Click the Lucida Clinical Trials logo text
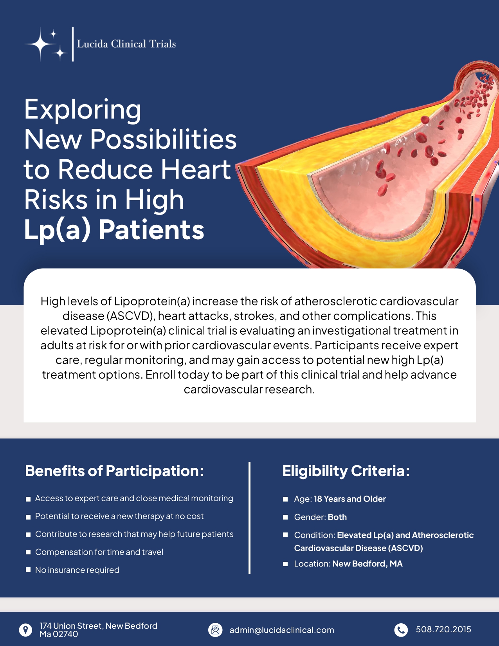126,44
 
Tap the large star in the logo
41,44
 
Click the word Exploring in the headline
83,109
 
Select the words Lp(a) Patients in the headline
114,229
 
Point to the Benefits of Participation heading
114,471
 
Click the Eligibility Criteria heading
346,471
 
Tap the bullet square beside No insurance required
28,570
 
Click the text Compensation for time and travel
99,552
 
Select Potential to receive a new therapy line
119,516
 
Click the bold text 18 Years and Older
349,499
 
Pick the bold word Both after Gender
337,517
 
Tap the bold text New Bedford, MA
367,564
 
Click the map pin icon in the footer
26,630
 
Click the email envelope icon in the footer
215,630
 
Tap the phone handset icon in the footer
401,630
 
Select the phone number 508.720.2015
443,630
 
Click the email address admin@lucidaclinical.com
282,630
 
